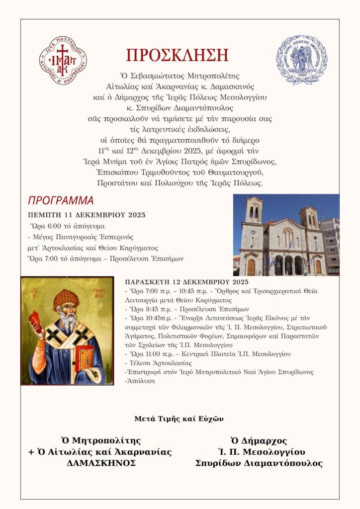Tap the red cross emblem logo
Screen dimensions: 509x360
click(64, 61)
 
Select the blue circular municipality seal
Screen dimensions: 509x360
click(302, 59)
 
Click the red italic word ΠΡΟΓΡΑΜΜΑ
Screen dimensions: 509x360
click(61, 201)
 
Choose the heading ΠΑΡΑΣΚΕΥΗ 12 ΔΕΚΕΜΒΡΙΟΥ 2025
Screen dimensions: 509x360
click(186, 282)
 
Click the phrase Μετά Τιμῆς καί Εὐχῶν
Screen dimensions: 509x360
click(179, 419)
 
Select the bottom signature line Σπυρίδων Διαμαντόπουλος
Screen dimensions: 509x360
click(259, 463)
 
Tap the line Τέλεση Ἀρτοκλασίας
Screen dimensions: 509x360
click(154, 363)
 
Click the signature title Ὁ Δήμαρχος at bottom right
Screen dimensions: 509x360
click(259, 440)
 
